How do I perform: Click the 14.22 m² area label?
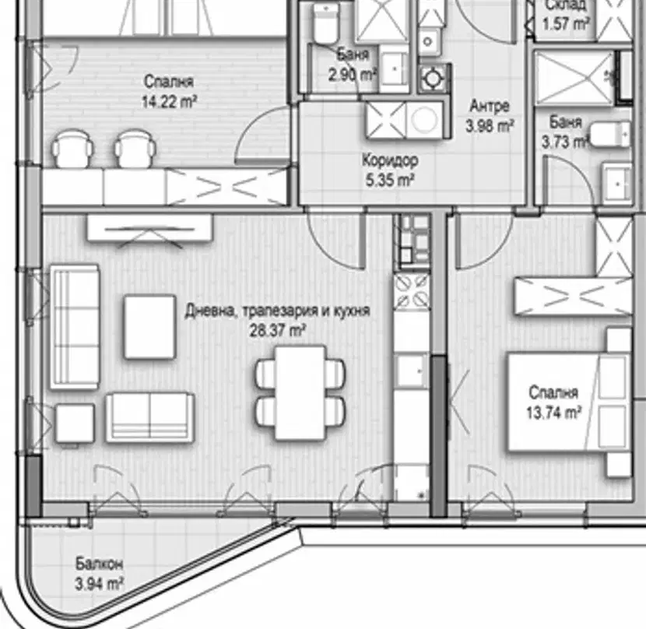[169, 101]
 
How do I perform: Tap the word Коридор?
[390, 161]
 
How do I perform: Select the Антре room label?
[490, 107]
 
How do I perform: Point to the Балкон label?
[99, 564]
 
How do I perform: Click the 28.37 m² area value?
[278, 330]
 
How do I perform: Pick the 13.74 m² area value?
[553, 412]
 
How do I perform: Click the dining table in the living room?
[300, 393]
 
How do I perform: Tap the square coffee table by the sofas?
[150, 326]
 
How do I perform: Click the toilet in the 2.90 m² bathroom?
[325, 24]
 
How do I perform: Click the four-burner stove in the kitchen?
[412, 292]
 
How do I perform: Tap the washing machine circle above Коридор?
[424, 120]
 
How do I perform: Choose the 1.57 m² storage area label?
[565, 24]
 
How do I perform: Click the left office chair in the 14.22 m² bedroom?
[73, 149]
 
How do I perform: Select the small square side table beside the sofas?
[75, 423]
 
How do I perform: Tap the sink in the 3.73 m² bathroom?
[616, 184]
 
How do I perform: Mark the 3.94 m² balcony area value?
[100, 583]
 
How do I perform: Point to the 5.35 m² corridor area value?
[390, 180]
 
